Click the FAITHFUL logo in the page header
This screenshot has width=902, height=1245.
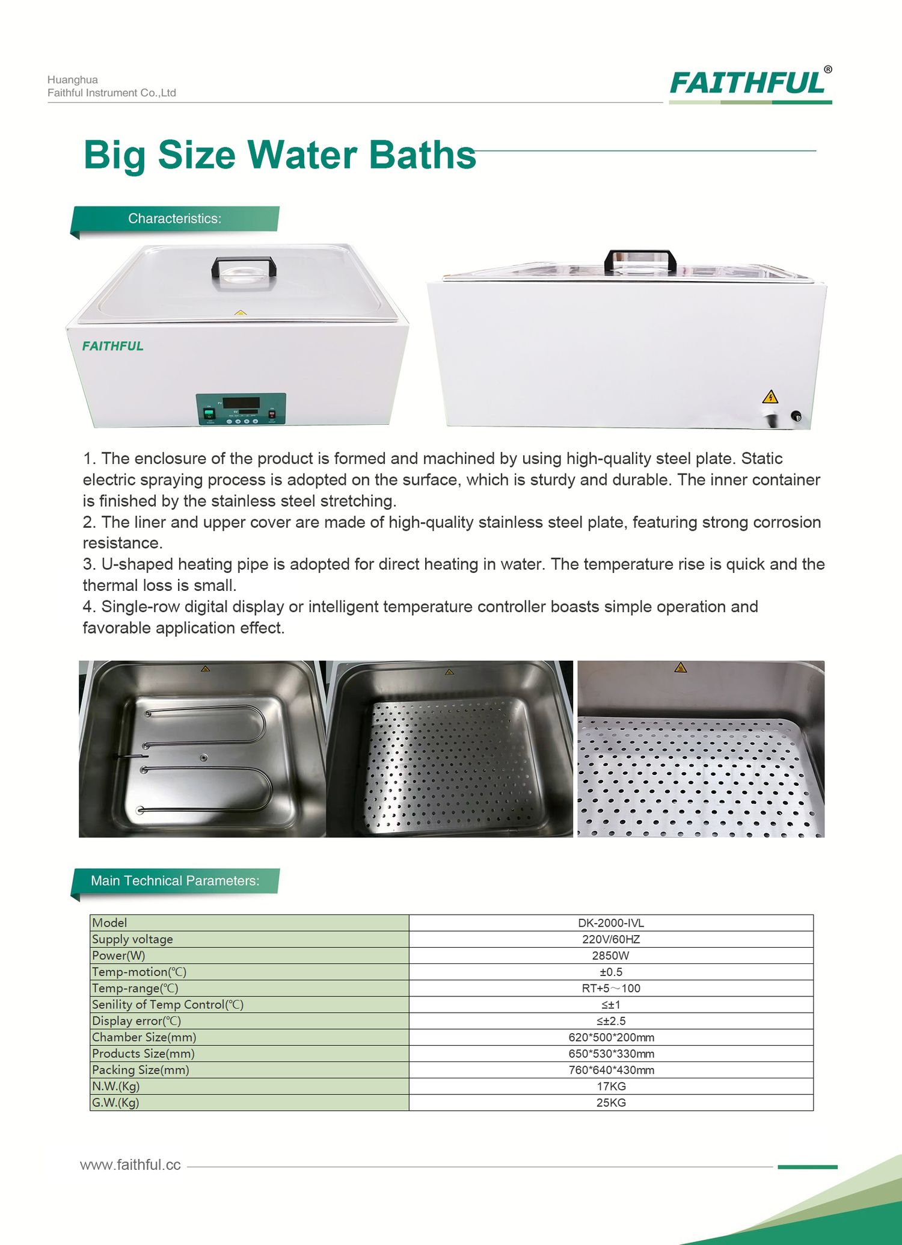click(x=749, y=83)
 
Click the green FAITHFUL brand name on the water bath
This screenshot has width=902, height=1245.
click(x=113, y=346)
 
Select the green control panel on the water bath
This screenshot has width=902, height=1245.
click(x=241, y=409)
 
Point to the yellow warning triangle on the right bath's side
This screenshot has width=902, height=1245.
click(x=770, y=397)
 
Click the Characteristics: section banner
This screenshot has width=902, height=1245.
click(x=175, y=219)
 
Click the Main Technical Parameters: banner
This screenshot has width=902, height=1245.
click(x=175, y=881)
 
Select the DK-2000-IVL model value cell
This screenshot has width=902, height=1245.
click(x=610, y=923)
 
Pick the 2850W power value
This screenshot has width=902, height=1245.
click(x=610, y=956)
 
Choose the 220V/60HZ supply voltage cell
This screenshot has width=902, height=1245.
click(x=610, y=939)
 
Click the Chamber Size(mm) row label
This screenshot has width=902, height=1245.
click(x=144, y=1037)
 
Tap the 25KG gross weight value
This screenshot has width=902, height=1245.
click(x=610, y=1103)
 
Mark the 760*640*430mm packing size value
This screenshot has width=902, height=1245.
click(x=611, y=1070)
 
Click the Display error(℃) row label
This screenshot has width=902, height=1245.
click(x=137, y=1021)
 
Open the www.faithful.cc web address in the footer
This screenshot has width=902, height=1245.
click(x=130, y=1165)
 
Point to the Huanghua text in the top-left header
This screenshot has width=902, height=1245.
click(x=73, y=80)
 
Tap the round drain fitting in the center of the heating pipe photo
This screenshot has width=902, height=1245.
click(x=204, y=758)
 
